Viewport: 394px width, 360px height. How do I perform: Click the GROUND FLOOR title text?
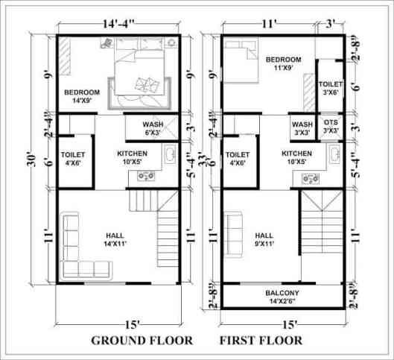(x=142, y=341)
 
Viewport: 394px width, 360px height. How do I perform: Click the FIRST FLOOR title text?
(x=261, y=341)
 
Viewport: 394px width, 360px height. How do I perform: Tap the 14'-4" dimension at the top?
(x=118, y=24)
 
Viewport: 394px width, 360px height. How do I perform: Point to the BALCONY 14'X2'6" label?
(x=282, y=297)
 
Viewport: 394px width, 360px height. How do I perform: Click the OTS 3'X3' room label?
(x=331, y=127)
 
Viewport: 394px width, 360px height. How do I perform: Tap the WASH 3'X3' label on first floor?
(x=302, y=128)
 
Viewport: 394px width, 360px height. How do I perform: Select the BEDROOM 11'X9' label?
(x=284, y=63)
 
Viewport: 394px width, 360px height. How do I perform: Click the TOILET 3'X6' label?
(x=331, y=89)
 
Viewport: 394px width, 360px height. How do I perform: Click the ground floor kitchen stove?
(x=142, y=177)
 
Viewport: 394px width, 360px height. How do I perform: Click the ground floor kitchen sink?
(x=169, y=155)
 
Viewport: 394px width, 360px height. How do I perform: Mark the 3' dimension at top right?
(x=330, y=24)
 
